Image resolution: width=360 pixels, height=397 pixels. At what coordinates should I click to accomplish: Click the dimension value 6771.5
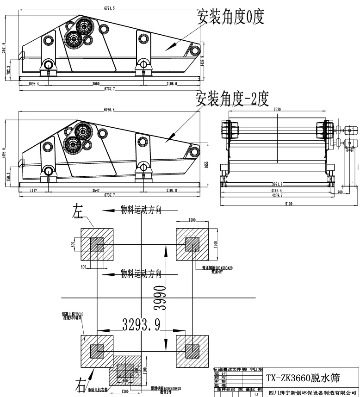click(109, 8)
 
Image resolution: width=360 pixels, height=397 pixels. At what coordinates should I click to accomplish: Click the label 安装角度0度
click(231, 17)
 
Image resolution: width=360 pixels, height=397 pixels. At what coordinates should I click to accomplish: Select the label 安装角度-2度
click(232, 98)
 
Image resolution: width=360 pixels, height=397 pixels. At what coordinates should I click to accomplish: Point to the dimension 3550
click(96, 83)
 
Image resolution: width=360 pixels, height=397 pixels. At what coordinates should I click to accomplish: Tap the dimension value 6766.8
click(109, 110)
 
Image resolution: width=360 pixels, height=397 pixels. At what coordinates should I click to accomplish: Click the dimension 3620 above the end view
click(277, 110)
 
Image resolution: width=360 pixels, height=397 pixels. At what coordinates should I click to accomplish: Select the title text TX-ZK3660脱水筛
click(303, 378)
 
